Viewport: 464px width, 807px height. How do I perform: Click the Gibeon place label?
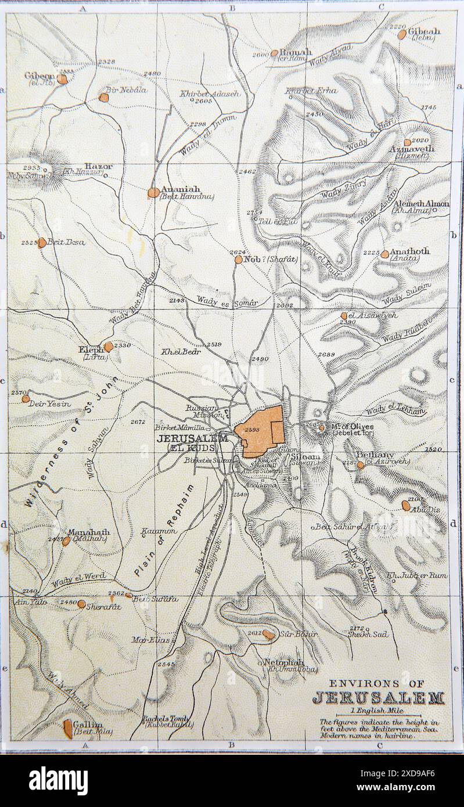[x=39, y=75]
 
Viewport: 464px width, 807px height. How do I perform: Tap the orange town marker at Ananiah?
[x=153, y=192]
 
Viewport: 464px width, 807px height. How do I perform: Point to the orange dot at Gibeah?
[x=402, y=34]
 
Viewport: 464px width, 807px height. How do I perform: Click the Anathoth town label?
[x=409, y=251]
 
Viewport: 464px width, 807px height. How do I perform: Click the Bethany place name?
[x=376, y=455]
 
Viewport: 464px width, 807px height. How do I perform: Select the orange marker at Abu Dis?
[x=406, y=506]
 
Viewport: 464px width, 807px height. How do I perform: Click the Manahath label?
[x=88, y=531]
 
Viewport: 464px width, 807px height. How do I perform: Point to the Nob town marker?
[x=238, y=260]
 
